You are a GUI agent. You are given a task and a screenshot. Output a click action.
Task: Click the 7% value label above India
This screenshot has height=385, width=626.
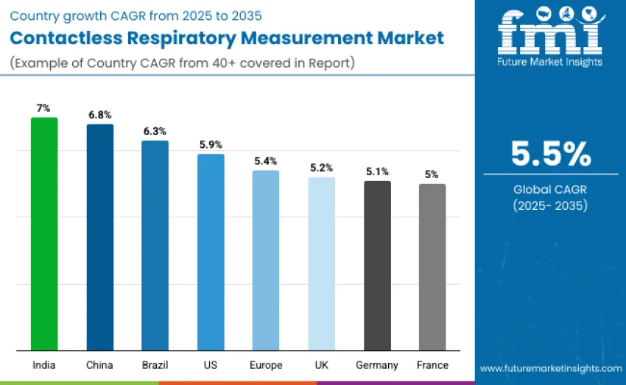tap(44, 108)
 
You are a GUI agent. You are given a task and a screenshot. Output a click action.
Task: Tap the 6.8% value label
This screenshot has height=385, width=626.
tap(100, 115)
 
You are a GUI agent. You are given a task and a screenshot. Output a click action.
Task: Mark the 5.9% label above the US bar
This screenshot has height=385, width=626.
tap(211, 144)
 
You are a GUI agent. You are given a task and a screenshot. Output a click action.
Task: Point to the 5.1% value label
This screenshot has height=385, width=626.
tap(377, 172)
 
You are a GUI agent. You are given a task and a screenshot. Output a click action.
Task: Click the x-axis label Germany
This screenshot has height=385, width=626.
tap(377, 365)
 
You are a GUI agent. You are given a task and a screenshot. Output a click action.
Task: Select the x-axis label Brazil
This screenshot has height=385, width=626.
tap(155, 365)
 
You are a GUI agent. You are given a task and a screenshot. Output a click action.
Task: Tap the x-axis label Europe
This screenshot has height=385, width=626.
tap(266, 365)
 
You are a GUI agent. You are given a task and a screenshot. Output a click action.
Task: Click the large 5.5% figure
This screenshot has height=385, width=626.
tap(551, 154)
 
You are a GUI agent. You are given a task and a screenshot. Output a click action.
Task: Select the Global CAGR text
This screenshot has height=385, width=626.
tap(551, 190)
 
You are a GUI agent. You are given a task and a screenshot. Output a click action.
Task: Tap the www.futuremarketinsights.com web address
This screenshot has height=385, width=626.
tap(551, 368)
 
